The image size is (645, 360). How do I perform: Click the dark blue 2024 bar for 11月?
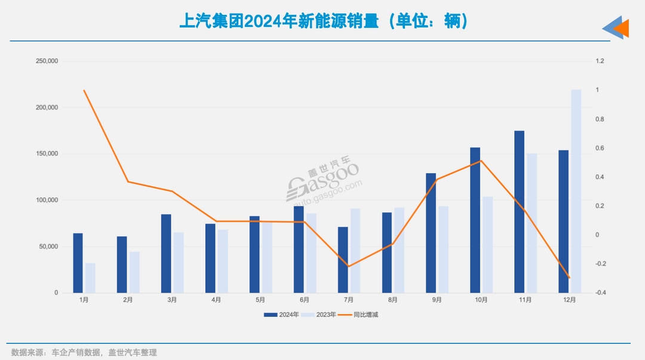519,212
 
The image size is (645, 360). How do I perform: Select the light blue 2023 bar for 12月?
576,191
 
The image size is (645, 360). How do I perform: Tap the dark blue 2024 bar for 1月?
78,263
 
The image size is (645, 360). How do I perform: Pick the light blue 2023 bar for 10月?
487,245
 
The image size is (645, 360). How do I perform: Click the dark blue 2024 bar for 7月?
343,260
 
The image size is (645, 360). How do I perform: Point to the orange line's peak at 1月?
84,90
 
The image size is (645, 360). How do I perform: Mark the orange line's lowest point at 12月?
570,278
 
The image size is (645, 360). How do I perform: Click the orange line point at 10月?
481,160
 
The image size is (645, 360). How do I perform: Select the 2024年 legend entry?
281,315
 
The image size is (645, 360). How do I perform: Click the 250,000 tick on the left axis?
47,61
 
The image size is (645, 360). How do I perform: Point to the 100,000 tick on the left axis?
47,200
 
